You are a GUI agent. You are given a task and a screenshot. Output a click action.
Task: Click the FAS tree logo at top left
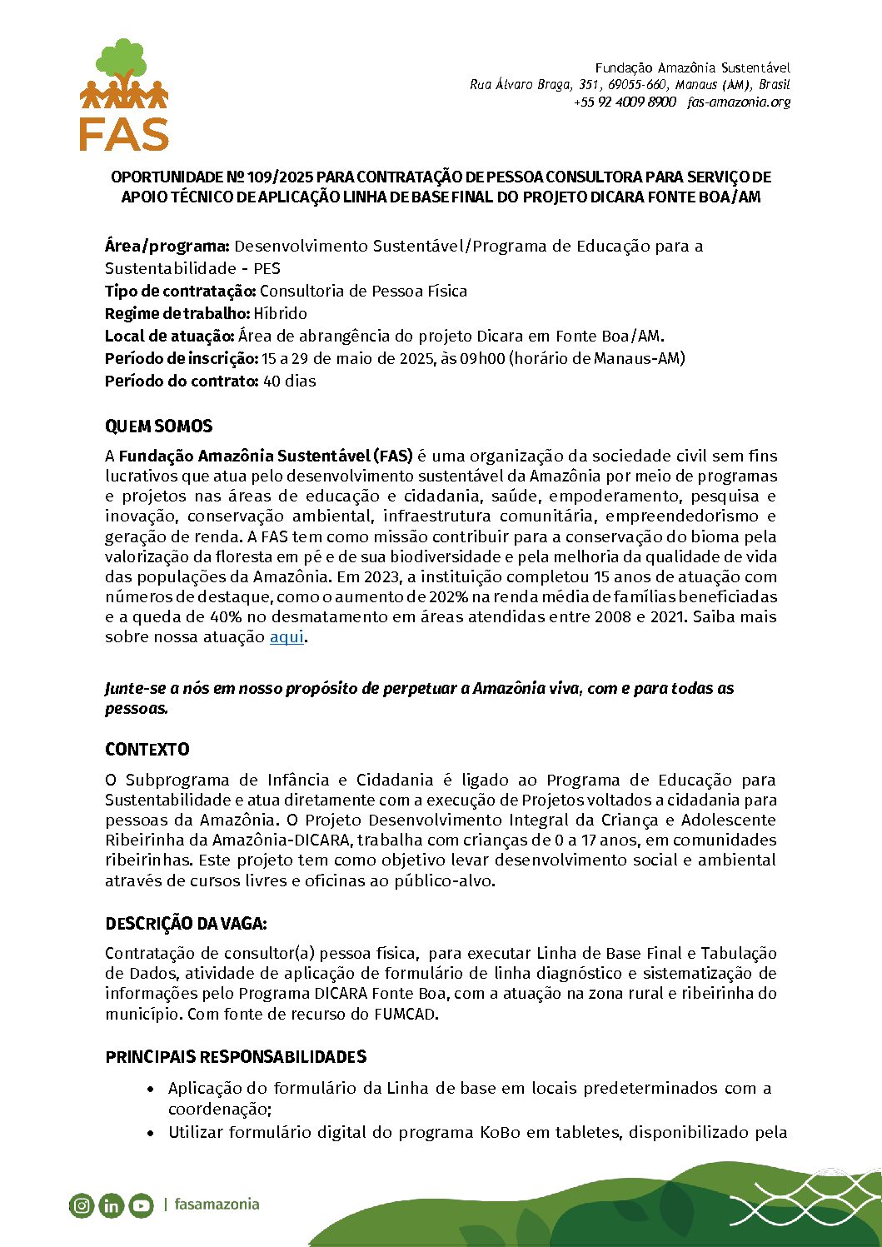124,94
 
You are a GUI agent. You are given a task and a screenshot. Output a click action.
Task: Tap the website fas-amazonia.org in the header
739,102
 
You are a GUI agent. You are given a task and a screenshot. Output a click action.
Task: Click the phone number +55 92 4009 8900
625,102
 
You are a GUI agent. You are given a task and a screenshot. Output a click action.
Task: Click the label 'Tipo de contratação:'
180,292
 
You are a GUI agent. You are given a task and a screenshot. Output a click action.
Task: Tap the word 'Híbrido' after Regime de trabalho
281,314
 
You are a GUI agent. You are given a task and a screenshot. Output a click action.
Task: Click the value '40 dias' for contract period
289,382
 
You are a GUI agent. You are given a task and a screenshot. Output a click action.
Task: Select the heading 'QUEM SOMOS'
158,426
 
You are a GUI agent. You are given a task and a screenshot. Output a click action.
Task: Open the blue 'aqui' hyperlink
287,637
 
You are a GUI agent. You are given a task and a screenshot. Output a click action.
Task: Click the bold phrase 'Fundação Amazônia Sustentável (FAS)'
266,456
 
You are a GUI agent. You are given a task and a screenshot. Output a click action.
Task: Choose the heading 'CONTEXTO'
147,750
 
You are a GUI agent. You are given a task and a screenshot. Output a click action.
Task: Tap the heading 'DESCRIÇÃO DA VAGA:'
186,924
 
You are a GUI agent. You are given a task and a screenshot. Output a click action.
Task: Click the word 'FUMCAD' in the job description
405,1015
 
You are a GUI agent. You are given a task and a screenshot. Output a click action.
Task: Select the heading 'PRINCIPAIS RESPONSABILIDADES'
236,1057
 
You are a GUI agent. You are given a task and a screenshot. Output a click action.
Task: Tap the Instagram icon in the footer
82,1205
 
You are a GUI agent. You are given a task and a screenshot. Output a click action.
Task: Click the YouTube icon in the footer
142,1205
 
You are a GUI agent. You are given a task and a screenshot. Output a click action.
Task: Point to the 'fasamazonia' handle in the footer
217,1205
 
